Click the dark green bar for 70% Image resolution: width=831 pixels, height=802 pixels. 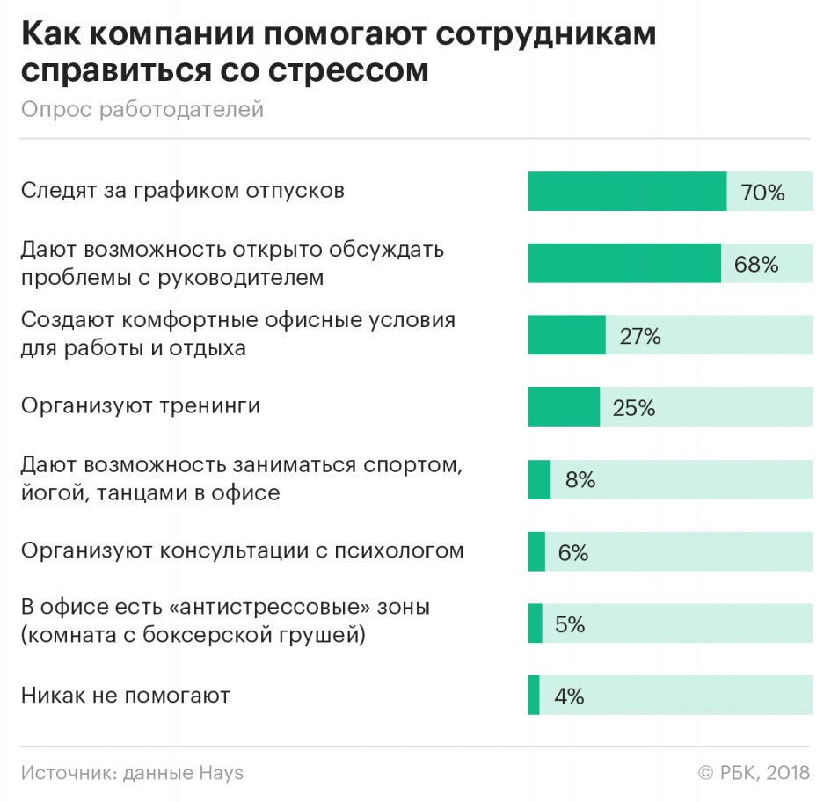[627, 192]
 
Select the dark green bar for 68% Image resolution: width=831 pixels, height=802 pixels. [624, 264]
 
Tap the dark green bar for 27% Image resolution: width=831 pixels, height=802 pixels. [566, 335]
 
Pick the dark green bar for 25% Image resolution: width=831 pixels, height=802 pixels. [564, 407]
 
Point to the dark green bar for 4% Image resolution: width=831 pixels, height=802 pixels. [534, 696]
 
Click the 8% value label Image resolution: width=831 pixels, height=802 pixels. [580, 480]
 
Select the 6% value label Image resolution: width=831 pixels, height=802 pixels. [572, 552]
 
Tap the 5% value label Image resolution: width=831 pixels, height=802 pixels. [570, 624]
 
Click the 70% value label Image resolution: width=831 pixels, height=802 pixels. [762, 192]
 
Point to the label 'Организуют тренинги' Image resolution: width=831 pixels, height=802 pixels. [141, 406]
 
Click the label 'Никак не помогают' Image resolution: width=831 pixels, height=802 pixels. [125, 696]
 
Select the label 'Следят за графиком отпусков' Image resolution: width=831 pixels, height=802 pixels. [182, 190]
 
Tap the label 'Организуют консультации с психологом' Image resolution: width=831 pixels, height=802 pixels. [242, 551]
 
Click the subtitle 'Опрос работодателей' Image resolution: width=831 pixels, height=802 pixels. [142, 110]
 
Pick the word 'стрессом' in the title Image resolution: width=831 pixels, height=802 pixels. [357, 69]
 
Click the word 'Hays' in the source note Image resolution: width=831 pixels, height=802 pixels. [222, 773]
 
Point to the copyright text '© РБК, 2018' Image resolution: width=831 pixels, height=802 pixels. [754, 773]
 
